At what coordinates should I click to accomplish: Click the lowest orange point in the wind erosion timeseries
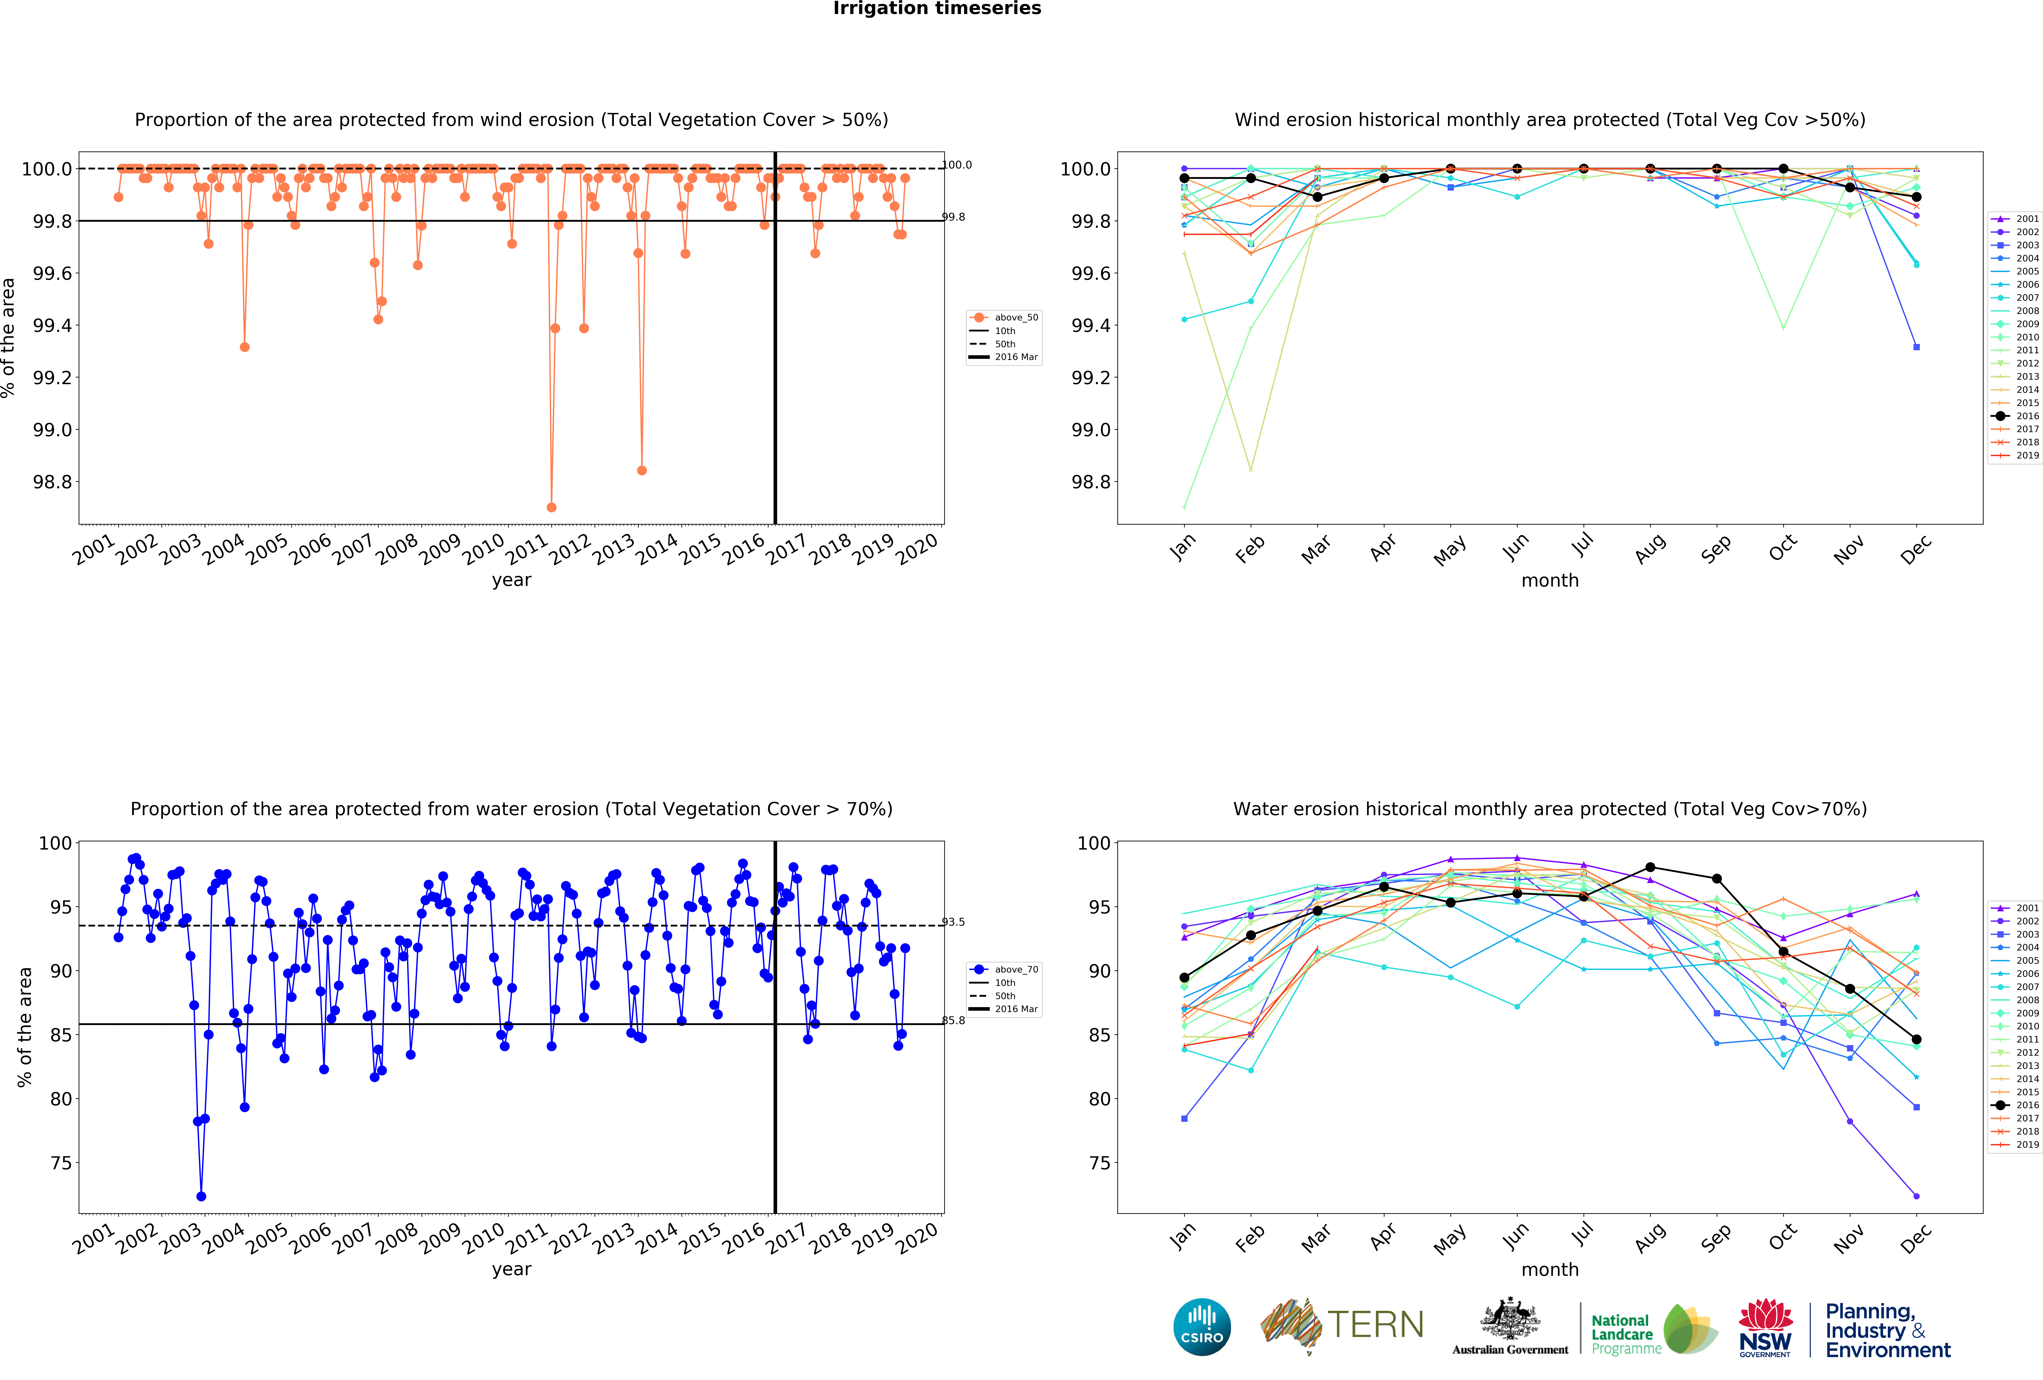tap(551, 507)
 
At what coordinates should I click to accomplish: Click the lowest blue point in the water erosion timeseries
tap(201, 1196)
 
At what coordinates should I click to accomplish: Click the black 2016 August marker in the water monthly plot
tap(1650, 867)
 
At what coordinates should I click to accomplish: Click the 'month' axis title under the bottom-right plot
tap(1550, 1269)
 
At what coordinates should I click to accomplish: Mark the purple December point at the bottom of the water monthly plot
tap(1916, 1196)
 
